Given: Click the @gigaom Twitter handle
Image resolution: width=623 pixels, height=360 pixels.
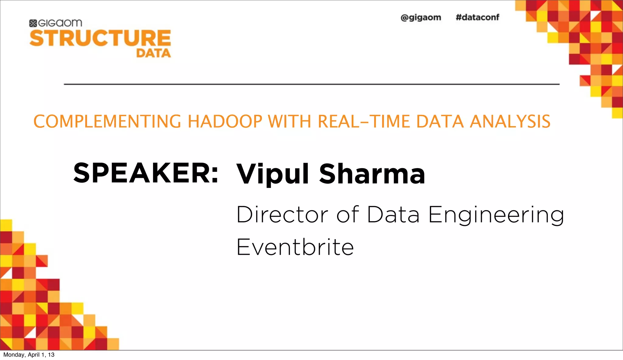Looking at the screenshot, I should click(x=421, y=18).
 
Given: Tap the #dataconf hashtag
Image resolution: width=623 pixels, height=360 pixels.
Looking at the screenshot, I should click(x=477, y=17).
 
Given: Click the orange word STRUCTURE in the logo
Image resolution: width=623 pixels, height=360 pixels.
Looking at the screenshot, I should click(x=100, y=38).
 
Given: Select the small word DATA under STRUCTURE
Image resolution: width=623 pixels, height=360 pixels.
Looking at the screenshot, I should click(x=153, y=53).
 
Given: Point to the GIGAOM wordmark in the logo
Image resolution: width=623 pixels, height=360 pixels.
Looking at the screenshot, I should click(x=60, y=23).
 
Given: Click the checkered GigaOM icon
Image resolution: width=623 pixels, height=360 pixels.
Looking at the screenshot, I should click(x=33, y=23).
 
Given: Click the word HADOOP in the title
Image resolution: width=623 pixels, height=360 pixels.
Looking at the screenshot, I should click(x=225, y=122).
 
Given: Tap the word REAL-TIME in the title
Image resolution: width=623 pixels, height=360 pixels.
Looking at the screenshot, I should click(x=364, y=122).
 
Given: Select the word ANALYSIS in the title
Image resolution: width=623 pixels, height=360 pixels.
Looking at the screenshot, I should click(x=510, y=122).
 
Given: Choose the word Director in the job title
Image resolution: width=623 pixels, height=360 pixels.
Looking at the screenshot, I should click(x=282, y=215).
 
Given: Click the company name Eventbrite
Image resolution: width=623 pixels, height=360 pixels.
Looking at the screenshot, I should click(x=295, y=247).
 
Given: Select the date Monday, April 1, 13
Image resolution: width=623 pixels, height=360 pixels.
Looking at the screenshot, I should click(x=29, y=355).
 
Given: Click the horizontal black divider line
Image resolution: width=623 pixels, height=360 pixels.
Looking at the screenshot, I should click(x=311, y=84).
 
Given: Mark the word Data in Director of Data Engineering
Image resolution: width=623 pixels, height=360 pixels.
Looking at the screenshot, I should click(x=393, y=215).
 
